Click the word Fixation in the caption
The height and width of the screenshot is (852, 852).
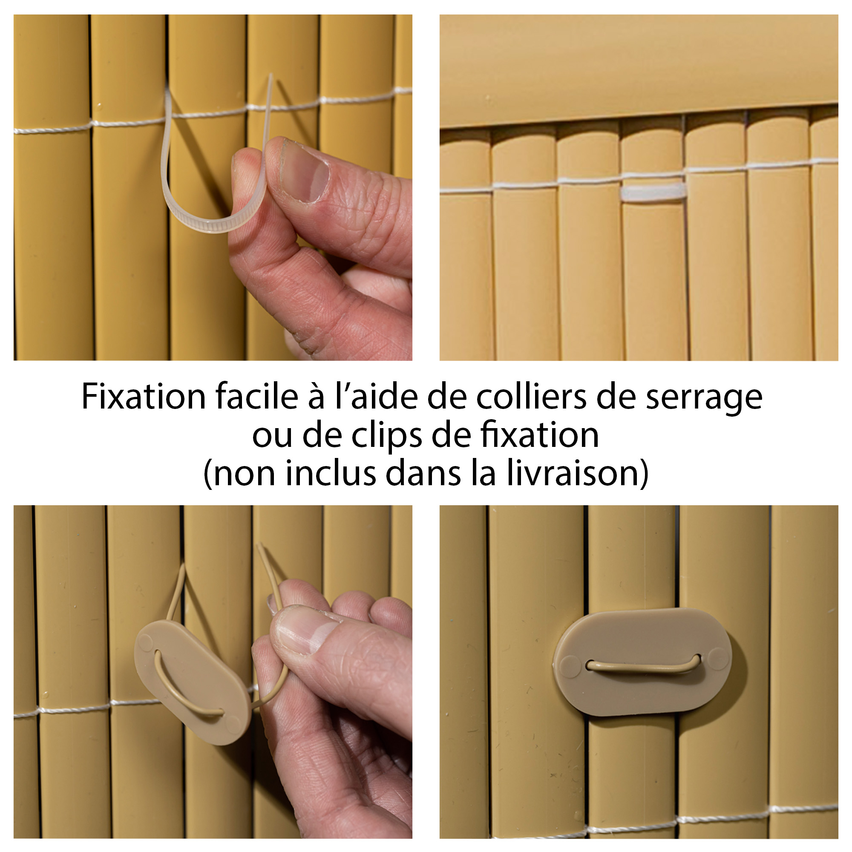pyautogui.click(x=144, y=397)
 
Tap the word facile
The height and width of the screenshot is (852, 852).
pyautogui.click(x=256, y=397)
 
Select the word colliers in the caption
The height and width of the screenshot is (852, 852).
pyautogui.click(x=531, y=397)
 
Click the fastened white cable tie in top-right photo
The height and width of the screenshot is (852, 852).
pyautogui.click(x=653, y=192)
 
